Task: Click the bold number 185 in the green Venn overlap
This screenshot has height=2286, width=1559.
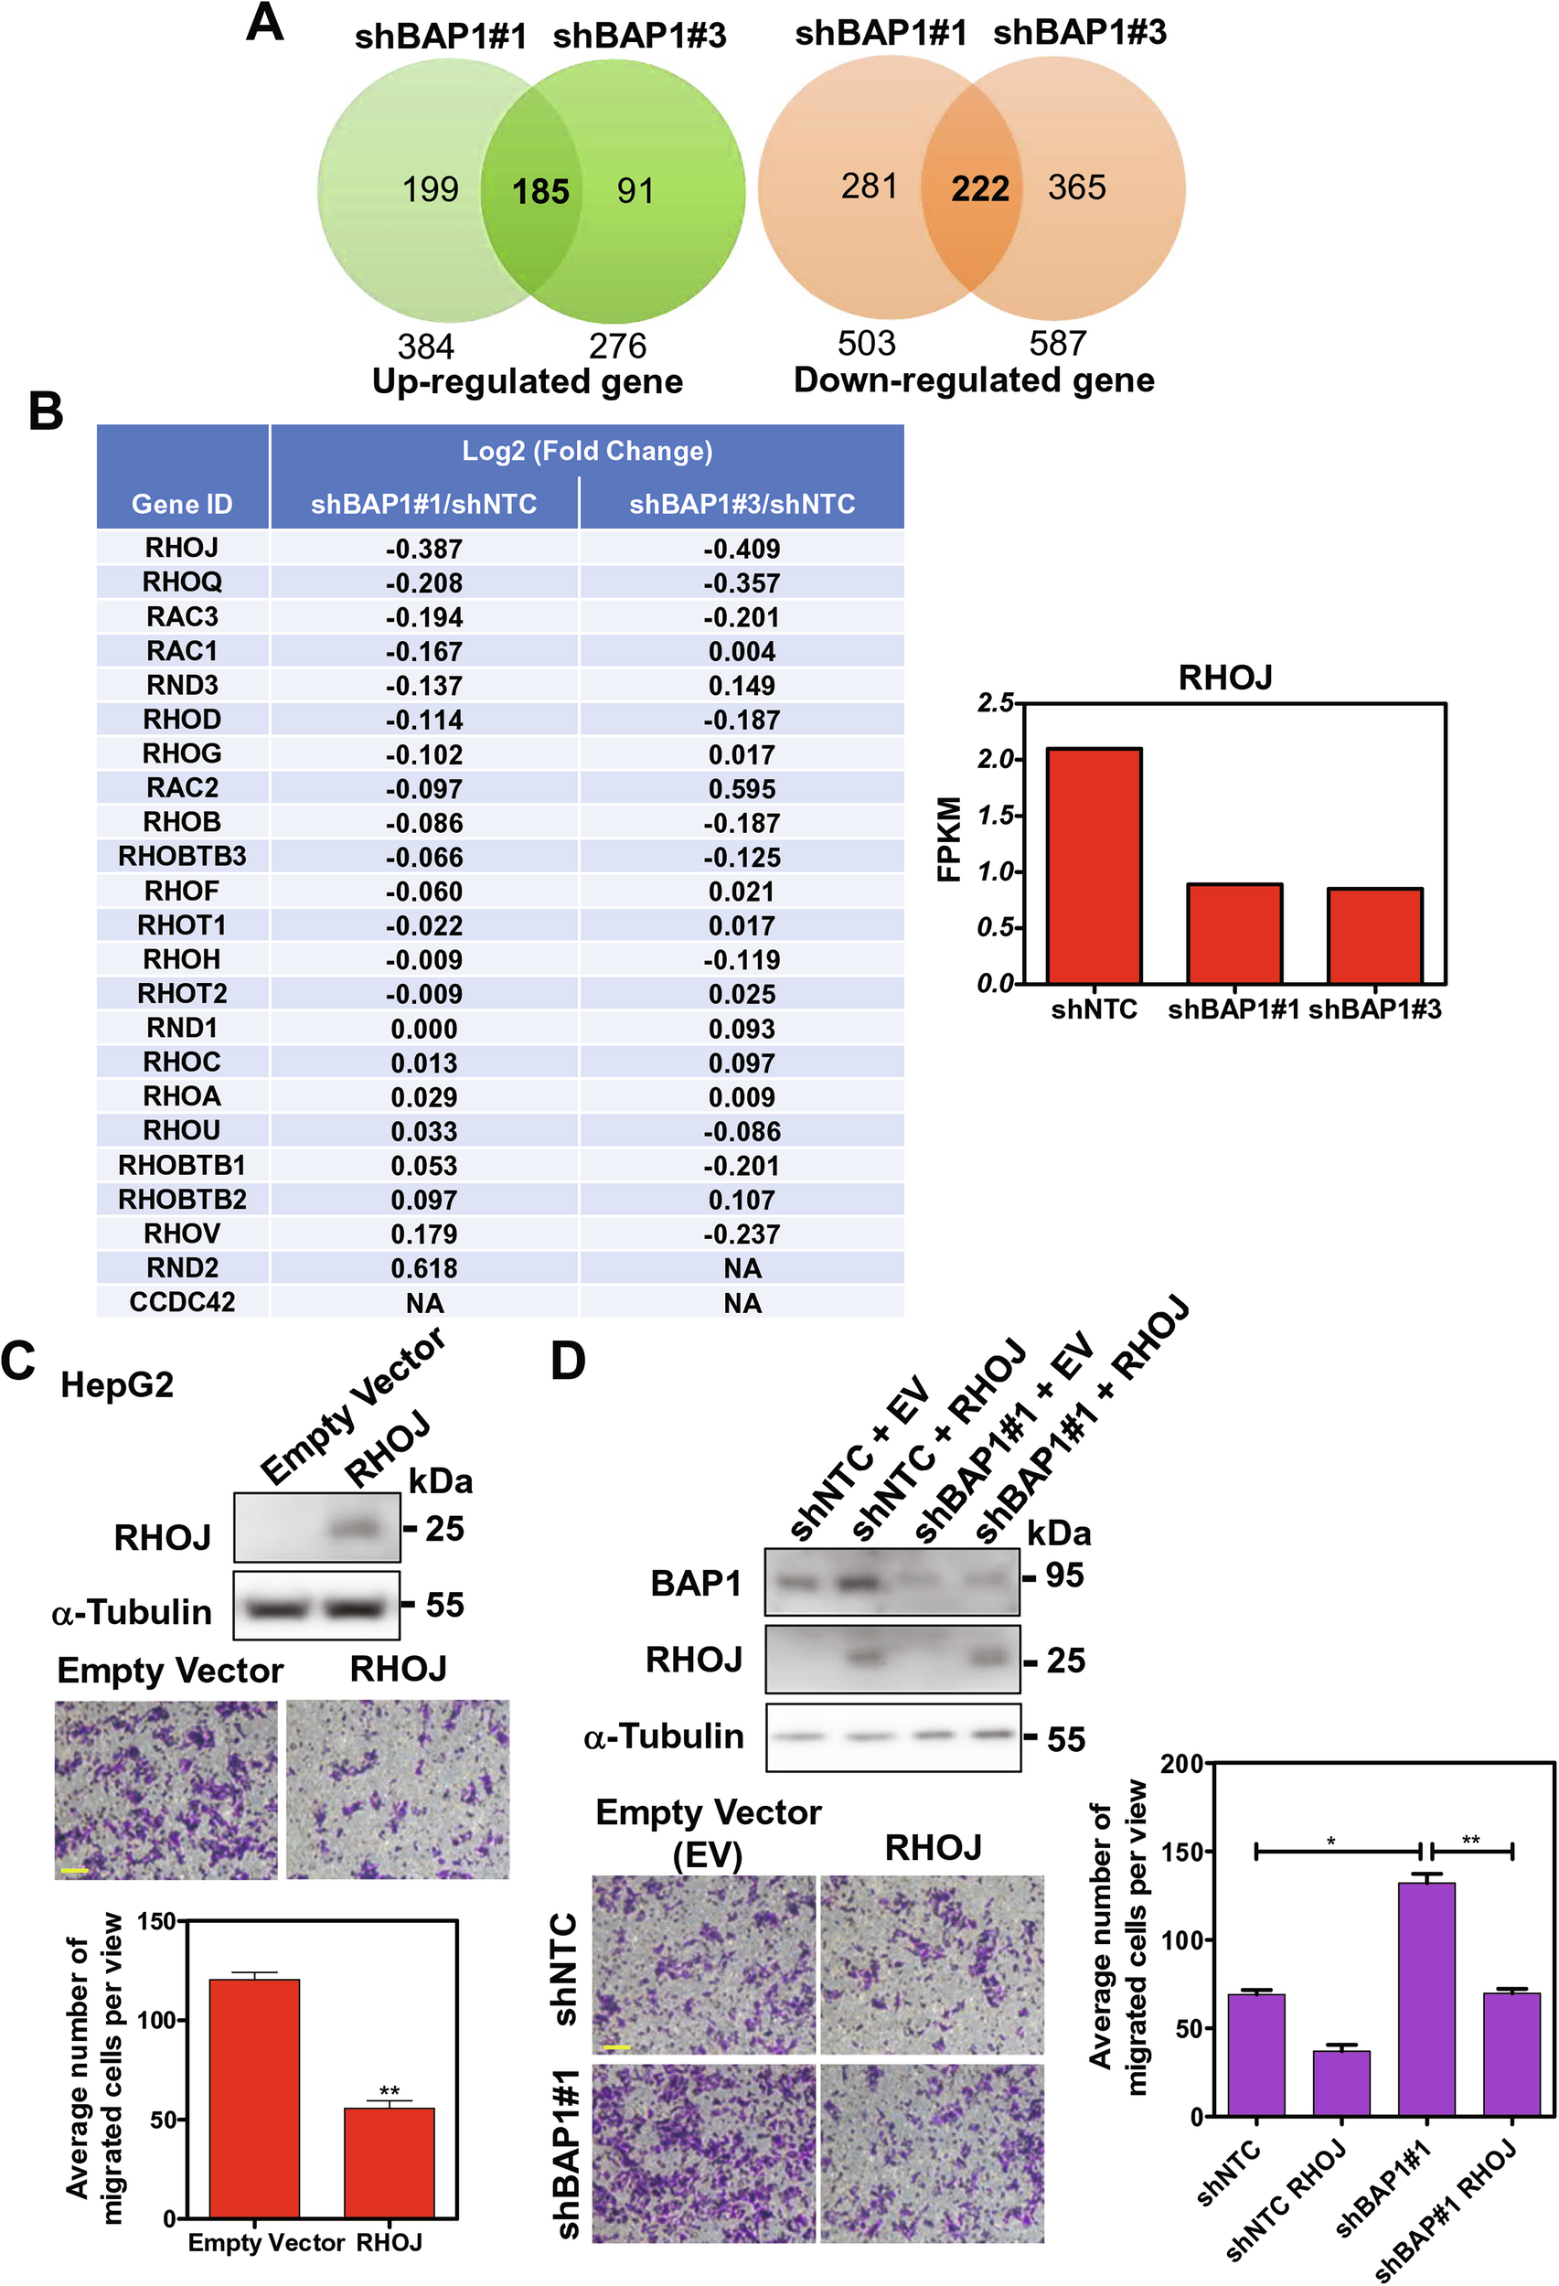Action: [x=540, y=191]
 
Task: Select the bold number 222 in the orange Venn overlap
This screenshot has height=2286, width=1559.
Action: [x=979, y=187]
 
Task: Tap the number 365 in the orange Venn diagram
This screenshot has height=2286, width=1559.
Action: [x=1076, y=187]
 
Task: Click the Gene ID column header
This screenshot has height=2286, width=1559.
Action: [x=182, y=504]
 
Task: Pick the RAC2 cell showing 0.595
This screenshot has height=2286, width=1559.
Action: [x=742, y=789]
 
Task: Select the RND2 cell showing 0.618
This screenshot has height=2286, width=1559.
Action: [x=424, y=1268]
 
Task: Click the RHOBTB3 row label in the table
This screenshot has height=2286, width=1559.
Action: [x=182, y=857]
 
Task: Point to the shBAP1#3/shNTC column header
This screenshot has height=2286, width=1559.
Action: [x=742, y=504]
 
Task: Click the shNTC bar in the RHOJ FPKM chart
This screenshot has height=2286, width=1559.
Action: [x=1094, y=866]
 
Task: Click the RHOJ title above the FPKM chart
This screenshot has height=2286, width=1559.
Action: [x=1224, y=678]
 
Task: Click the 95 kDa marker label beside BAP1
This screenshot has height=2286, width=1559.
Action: [x=1063, y=1575]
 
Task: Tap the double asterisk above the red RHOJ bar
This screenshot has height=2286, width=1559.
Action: [x=390, y=2091]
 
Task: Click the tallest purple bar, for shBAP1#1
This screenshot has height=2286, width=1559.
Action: [x=1426, y=1997]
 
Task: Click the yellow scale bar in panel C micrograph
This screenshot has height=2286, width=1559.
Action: [x=75, y=1869]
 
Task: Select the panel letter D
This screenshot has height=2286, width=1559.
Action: [x=568, y=1362]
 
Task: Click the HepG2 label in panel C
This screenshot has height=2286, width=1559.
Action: [x=116, y=1385]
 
